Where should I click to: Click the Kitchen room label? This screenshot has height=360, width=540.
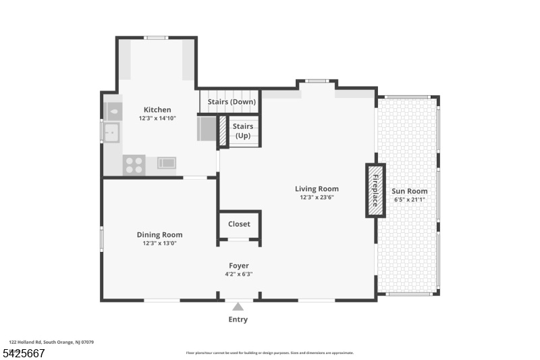(x=157, y=109)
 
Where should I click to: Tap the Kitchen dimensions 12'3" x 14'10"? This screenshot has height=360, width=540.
(x=157, y=119)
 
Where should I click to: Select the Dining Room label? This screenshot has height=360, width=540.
(x=159, y=234)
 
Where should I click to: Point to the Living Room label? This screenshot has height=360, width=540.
(x=317, y=188)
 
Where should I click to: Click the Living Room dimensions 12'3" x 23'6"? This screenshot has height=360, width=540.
(x=317, y=198)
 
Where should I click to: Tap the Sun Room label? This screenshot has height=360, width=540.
(x=410, y=190)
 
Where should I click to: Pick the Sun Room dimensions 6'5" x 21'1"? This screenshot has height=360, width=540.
(x=410, y=200)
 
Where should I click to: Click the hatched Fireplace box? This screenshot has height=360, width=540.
(x=375, y=190)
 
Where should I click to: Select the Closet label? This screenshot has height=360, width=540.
(x=239, y=224)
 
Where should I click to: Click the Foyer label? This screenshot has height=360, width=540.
(x=238, y=265)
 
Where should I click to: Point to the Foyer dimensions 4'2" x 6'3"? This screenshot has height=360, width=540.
(x=238, y=274)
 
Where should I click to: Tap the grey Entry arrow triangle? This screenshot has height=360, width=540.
(x=238, y=307)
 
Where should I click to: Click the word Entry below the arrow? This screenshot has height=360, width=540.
(x=238, y=319)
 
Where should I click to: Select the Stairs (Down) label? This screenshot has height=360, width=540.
(x=232, y=102)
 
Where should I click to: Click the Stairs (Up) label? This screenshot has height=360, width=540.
(x=243, y=130)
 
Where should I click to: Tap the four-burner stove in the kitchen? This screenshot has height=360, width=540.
(x=134, y=165)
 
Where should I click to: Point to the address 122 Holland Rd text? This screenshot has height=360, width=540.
(x=51, y=342)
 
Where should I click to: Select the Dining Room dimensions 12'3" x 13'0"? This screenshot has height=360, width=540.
(x=159, y=244)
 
